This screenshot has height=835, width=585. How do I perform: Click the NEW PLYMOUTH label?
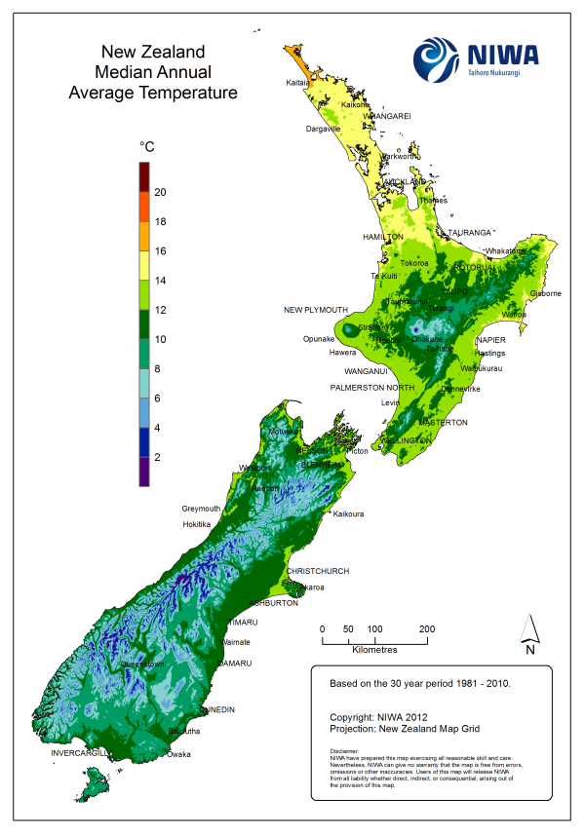point(316,310)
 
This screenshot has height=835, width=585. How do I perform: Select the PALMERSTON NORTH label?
point(371,388)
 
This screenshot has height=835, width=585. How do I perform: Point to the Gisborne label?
point(546,293)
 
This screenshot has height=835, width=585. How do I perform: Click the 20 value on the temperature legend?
point(161,192)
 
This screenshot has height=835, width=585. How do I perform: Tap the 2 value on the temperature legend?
point(158,456)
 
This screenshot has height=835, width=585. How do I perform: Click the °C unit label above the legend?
point(147,146)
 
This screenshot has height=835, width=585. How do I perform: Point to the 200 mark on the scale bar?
point(426,628)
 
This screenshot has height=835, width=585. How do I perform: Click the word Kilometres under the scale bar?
point(374,648)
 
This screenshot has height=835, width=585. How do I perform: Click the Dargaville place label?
point(323,129)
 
